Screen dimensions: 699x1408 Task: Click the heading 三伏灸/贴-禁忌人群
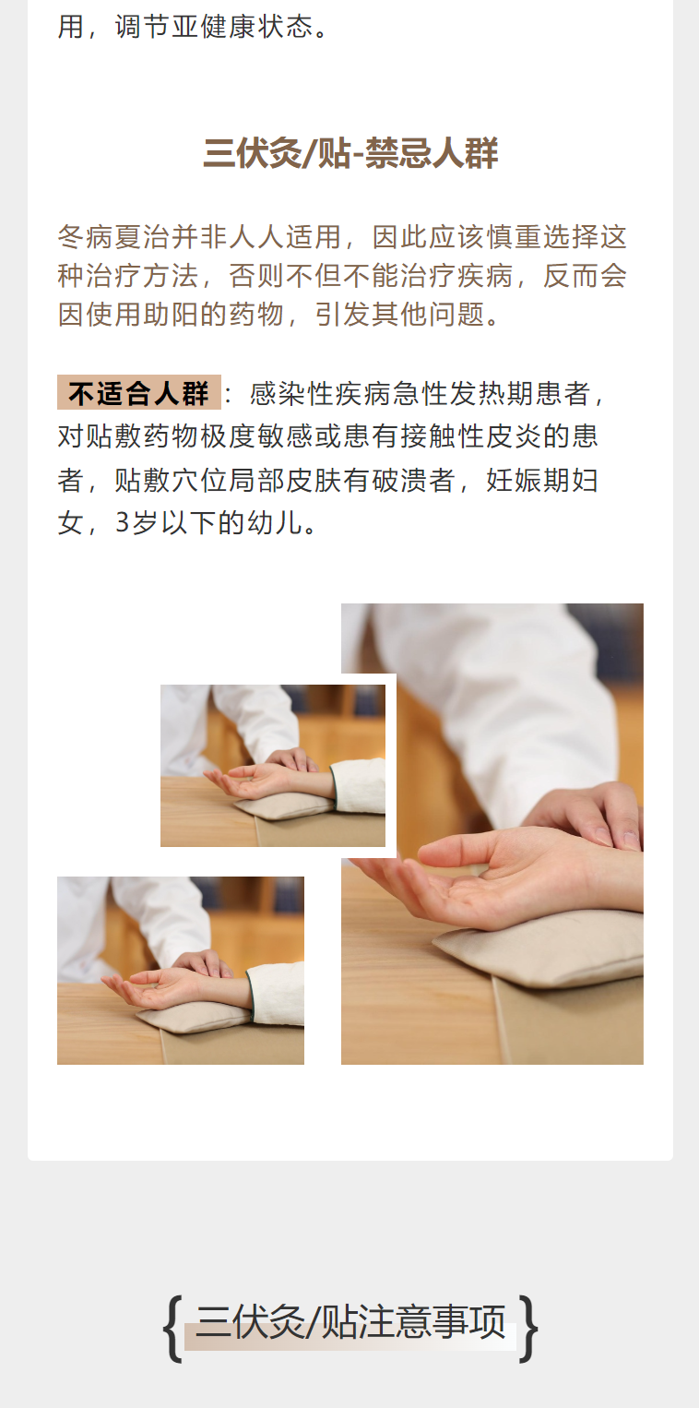(349, 153)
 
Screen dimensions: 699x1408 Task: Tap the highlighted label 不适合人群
(139, 393)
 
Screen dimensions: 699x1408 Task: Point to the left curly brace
(172, 1329)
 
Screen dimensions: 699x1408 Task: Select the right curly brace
(528, 1329)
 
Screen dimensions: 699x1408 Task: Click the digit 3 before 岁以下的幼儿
(123, 523)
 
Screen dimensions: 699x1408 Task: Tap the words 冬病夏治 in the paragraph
(113, 237)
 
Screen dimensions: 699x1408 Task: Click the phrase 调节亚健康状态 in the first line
(214, 27)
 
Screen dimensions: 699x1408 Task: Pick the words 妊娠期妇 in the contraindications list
(542, 480)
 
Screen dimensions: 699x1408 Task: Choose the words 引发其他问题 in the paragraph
(400, 314)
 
